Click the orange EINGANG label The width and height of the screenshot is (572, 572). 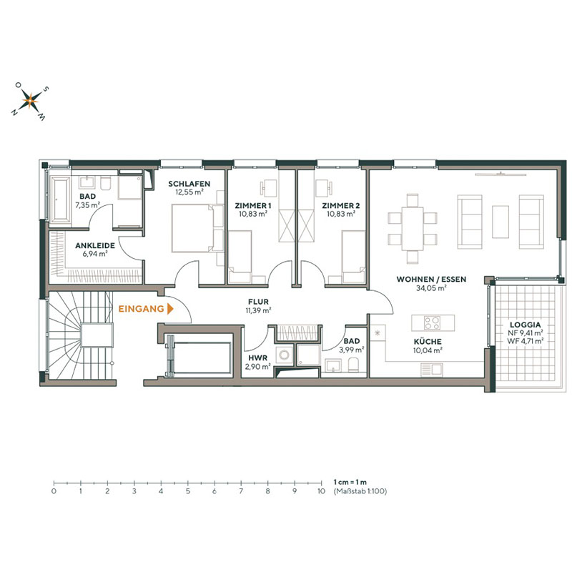point(140,310)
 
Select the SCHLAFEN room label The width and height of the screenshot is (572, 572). point(189,184)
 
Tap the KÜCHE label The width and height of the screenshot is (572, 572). point(427,342)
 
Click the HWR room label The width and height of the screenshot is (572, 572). point(257,357)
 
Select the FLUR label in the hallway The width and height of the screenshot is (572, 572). point(258,302)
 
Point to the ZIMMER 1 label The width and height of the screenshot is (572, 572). point(251,205)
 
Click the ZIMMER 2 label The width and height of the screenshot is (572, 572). point(342,205)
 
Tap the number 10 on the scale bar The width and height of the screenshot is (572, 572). point(321,492)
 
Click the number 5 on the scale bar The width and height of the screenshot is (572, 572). point(187,492)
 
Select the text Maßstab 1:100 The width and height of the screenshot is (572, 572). point(360,492)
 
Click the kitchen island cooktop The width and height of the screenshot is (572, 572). point(430,321)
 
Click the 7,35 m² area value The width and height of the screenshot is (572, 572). point(89,204)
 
